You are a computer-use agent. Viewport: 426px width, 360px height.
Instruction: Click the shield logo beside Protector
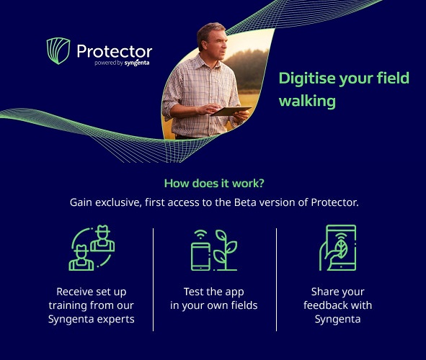tap(58, 51)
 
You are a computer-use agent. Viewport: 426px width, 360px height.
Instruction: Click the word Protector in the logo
tap(114, 51)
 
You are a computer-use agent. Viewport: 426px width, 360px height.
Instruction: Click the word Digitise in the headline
tap(309, 78)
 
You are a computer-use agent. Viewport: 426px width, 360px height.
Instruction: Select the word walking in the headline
tap(307, 101)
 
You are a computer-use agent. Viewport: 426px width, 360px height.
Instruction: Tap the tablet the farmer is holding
tap(231, 111)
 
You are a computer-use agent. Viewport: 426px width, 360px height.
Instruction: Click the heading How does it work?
tap(213, 183)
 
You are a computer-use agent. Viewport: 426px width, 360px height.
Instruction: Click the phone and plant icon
tap(213, 249)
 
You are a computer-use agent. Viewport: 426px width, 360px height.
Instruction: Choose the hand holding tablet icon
tap(337, 248)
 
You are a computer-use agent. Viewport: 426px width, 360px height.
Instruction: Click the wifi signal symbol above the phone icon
tap(198, 235)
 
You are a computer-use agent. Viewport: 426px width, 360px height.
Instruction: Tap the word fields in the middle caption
tap(242, 305)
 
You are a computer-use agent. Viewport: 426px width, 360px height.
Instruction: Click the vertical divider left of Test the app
tap(154, 279)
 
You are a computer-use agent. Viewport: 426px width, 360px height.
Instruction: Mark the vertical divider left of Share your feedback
tap(277, 279)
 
